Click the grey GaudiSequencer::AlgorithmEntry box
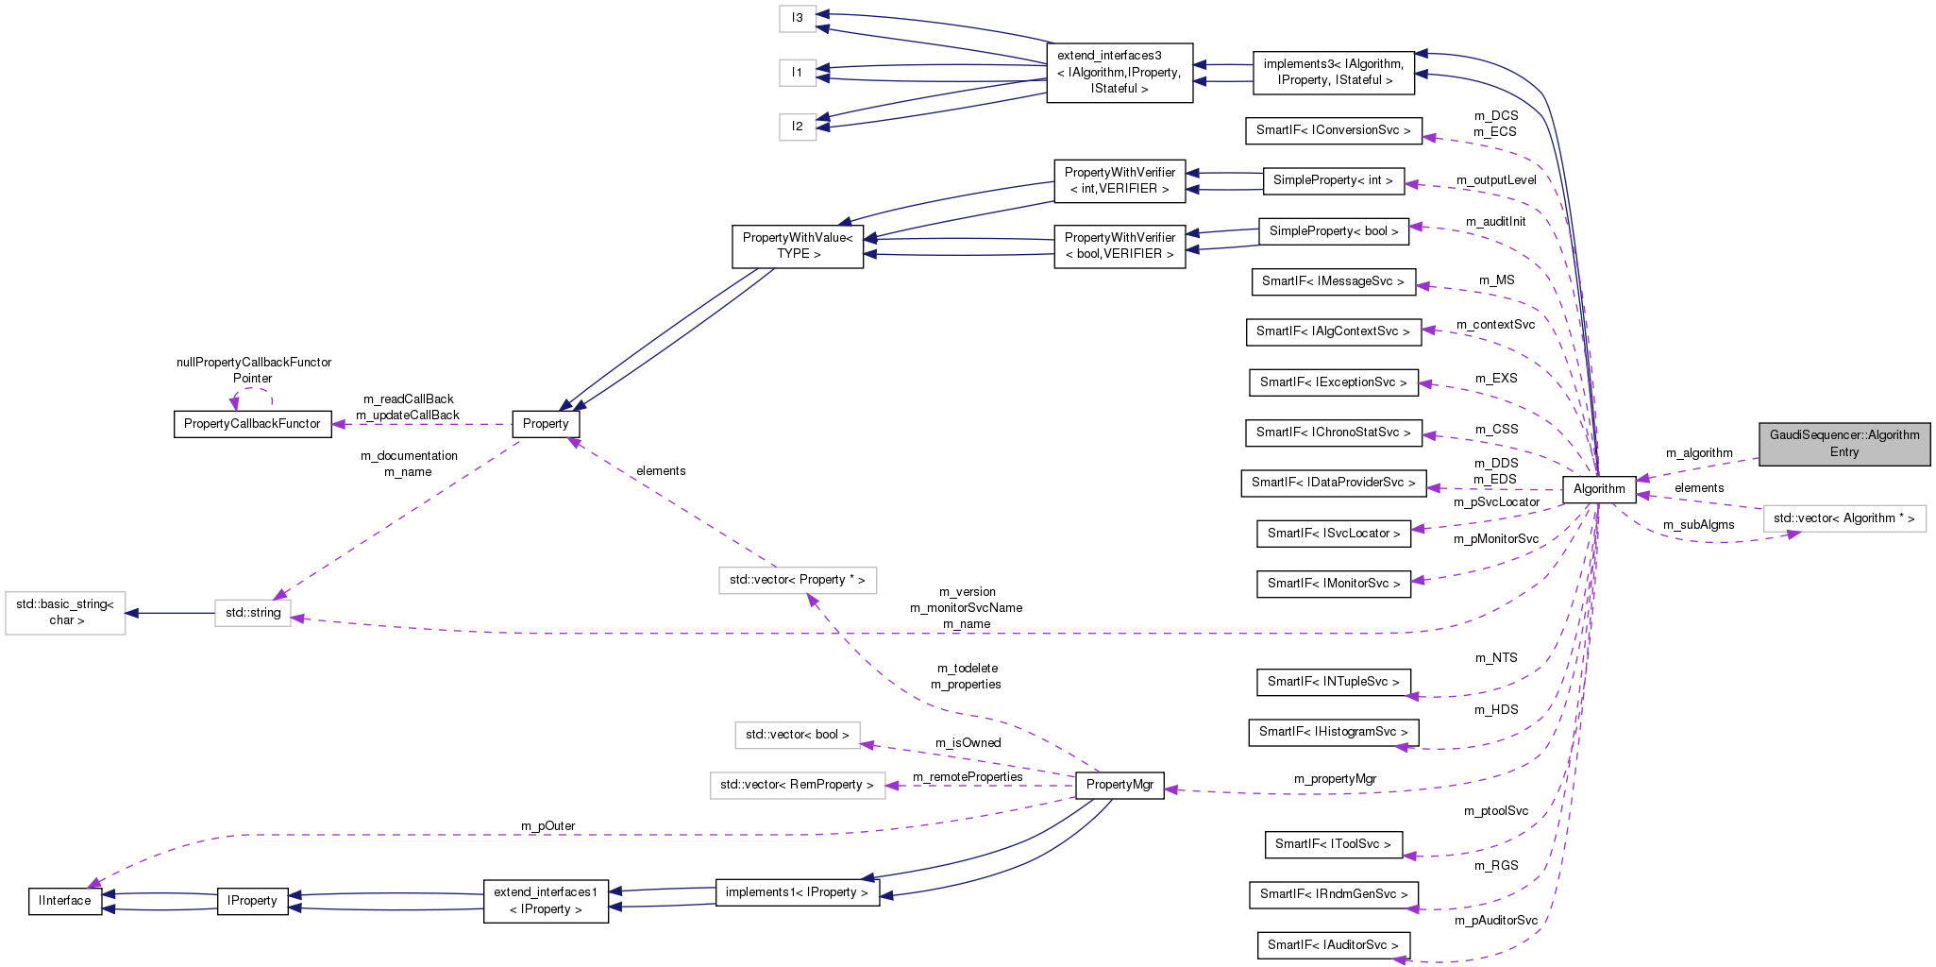[x=1843, y=444]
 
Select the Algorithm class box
[x=1598, y=489]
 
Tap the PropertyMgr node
[x=1120, y=785]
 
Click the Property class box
[x=546, y=424]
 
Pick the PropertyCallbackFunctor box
[x=252, y=424]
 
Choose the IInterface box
[x=65, y=901]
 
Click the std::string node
[x=253, y=613]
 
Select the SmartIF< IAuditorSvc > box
[x=1333, y=945]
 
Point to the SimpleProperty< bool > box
[x=1333, y=231]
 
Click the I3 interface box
[x=798, y=18]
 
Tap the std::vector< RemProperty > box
[x=797, y=785]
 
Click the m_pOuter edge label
[x=547, y=826]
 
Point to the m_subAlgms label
[x=1698, y=525]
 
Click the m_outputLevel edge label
[x=1496, y=180]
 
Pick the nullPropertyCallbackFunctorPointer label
[x=254, y=370]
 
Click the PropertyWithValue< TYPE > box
[x=798, y=246]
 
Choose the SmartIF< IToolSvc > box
[x=1333, y=844]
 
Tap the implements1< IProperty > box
[x=797, y=892]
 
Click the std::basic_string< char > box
[x=65, y=613]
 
